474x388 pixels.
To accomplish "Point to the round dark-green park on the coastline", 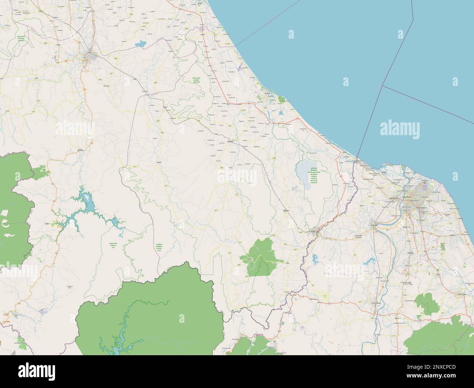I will (x=281, y=99).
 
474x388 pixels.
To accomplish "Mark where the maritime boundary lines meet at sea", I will (x=382, y=86).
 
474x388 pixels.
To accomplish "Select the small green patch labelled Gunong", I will (x=442, y=247).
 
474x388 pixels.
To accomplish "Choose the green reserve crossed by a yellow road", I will (x=261, y=258).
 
